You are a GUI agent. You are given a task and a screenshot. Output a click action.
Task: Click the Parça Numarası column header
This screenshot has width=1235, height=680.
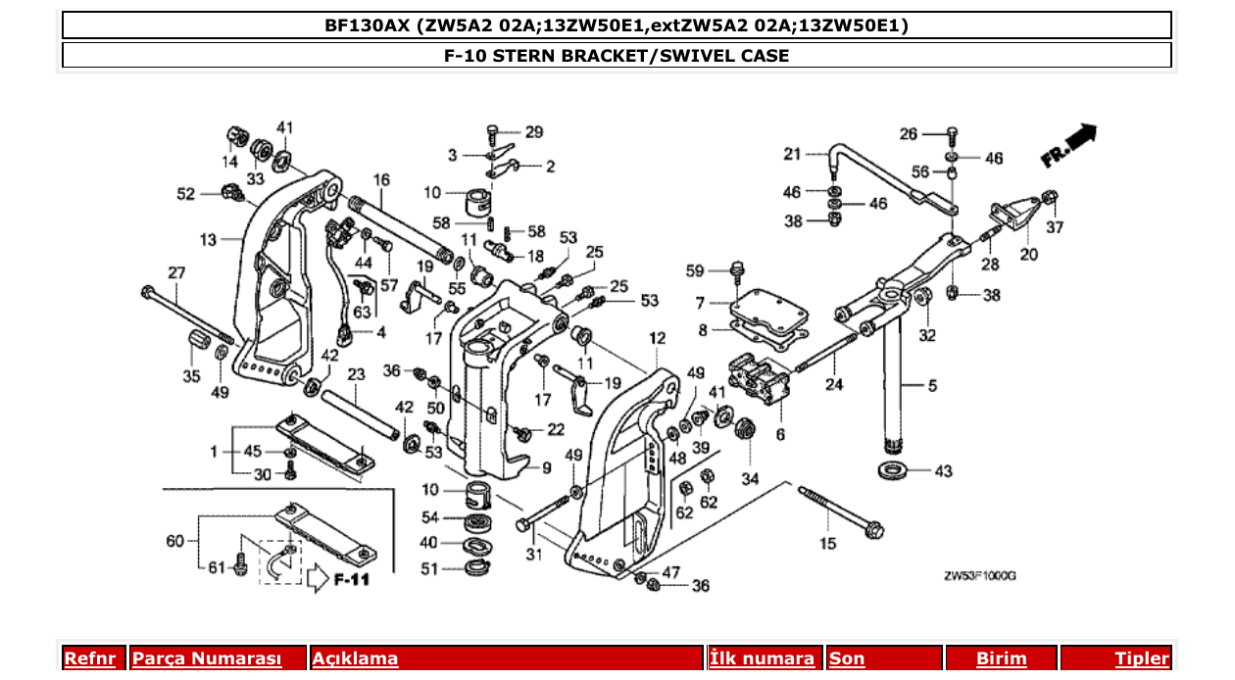(x=207, y=658)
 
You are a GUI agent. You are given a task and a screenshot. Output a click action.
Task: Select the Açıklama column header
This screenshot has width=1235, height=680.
(x=355, y=658)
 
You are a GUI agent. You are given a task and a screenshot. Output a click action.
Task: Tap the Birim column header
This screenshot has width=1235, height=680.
(x=1001, y=658)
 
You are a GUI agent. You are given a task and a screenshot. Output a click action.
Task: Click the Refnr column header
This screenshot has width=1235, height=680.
(x=89, y=658)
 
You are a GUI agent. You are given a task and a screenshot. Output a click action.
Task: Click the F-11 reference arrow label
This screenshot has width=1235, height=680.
(x=350, y=579)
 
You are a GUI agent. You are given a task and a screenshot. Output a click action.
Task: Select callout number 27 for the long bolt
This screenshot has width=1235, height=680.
(x=175, y=272)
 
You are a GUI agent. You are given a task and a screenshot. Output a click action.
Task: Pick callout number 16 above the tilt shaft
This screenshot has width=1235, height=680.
(x=381, y=179)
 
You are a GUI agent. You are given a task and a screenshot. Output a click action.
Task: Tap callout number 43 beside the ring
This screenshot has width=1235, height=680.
(x=942, y=471)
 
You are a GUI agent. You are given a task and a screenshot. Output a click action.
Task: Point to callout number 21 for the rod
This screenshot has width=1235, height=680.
(x=792, y=153)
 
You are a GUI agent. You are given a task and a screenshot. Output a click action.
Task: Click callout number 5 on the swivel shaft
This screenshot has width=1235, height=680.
(x=931, y=386)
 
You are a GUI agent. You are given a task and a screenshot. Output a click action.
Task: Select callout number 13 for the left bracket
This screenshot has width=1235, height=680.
(x=207, y=238)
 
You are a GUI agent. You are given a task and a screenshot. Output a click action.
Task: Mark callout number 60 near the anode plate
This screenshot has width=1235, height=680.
(x=174, y=540)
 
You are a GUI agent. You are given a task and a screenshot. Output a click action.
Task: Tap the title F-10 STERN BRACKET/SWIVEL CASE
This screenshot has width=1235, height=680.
(x=617, y=55)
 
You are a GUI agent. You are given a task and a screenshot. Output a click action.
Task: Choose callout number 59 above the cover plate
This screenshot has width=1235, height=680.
(x=695, y=270)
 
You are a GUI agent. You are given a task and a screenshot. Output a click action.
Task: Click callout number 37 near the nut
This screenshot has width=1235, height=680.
(x=1054, y=227)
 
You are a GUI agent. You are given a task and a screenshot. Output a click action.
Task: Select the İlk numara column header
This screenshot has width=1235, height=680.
(x=762, y=658)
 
